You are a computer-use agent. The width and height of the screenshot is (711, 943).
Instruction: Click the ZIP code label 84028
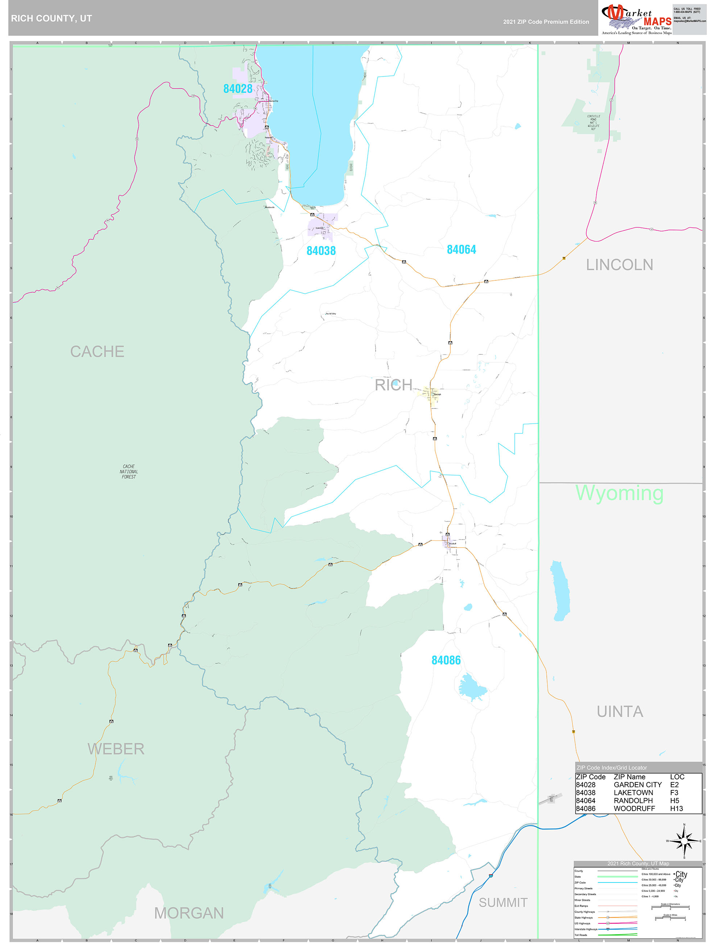point(238,88)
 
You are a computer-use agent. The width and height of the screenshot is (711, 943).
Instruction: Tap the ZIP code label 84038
point(321,251)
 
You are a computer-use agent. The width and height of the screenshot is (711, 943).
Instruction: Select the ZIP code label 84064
point(461,250)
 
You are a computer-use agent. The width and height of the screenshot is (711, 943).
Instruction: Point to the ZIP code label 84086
point(446,660)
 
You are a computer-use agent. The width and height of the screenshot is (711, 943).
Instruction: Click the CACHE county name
point(97,352)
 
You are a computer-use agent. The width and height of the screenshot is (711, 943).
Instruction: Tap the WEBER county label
point(116,749)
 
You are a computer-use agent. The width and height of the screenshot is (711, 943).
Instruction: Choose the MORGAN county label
point(189,913)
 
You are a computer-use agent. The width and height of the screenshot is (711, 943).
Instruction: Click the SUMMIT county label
point(503,902)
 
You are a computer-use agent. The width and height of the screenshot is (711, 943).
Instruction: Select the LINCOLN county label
point(619,265)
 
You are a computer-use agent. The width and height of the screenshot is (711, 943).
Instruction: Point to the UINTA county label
point(620,712)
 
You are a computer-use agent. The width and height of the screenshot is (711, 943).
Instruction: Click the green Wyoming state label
point(619,493)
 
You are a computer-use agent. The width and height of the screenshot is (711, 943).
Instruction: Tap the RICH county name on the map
point(393,385)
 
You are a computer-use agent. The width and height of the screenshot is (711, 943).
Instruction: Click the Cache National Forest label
point(129,471)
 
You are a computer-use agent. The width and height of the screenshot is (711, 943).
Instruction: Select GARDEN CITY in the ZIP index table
point(638,785)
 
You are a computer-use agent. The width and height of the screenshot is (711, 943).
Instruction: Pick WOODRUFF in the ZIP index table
point(634,809)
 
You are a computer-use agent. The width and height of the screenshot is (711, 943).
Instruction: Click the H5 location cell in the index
point(674,800)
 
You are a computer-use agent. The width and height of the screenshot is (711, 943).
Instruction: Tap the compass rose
point(684,841)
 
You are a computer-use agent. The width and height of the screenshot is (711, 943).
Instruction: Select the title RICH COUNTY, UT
point(51,18)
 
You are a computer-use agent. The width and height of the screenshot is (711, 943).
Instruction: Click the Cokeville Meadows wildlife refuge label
point(594,122)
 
